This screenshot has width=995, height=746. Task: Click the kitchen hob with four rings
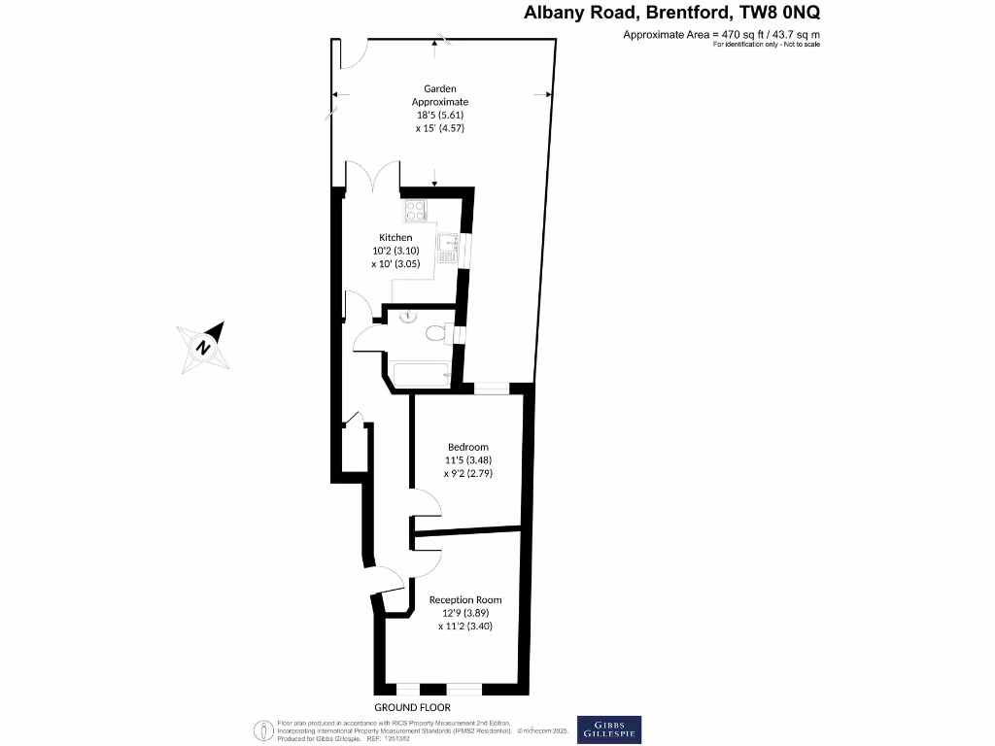415,208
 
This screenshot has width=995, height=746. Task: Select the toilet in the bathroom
438,333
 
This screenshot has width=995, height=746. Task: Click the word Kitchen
395,237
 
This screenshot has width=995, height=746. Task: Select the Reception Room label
465,599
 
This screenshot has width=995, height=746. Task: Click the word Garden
439,88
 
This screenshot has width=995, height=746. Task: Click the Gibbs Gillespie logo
609,729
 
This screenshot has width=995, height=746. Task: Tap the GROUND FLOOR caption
409,706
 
